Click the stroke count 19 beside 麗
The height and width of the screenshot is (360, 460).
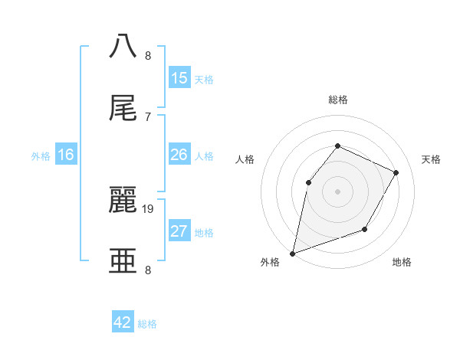(149, 208)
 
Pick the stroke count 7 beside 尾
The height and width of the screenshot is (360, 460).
(148, 116)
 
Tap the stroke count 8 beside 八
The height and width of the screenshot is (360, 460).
(148, 55)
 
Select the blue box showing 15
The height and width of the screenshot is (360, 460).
(179, 78)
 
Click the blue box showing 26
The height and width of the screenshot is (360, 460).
(179, 155)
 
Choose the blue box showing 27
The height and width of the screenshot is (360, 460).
(179, 231)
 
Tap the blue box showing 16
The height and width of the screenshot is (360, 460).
(66, 155)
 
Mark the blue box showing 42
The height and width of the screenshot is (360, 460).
(123, 322)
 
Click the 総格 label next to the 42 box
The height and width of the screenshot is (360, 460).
(147, 324)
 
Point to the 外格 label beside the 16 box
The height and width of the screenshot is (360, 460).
(41, 156)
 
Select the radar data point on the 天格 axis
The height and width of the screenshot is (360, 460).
(396, 172)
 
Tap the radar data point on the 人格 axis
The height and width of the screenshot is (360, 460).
(308, 182)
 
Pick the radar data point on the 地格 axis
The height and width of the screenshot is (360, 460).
(365, 229)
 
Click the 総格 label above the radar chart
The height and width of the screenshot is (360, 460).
(337, 100)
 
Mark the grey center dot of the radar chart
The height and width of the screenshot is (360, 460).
(337, 191)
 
